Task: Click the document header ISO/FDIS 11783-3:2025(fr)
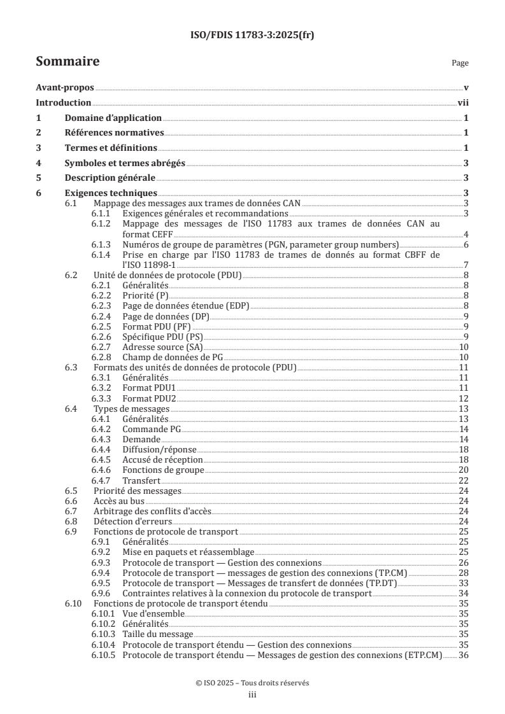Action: [252, 35]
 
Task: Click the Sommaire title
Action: [68, 62]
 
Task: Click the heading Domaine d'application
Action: [113, 118]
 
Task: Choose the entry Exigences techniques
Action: [111, 193]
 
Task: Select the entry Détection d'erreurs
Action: [128, 521]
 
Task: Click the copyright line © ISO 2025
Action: [252, 682]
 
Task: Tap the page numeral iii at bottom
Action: [252, 695]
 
